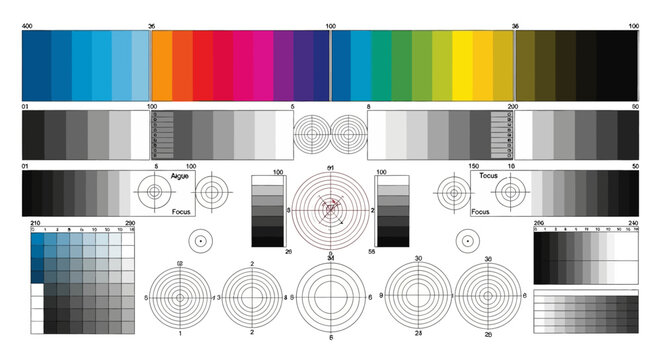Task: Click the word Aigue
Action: (x=180, y=175)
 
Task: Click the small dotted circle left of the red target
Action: (x=200, y=241)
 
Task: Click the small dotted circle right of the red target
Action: (x=465, y=241)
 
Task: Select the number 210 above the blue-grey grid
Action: (x=36, y=222)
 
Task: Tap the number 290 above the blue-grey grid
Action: (x=129, y=222)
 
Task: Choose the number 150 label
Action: (x=474, y=165)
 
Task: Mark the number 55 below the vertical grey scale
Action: (x=372, y=251)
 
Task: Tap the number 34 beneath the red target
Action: (x=330, y=258)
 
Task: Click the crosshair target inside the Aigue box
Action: (x=155, y=190)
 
